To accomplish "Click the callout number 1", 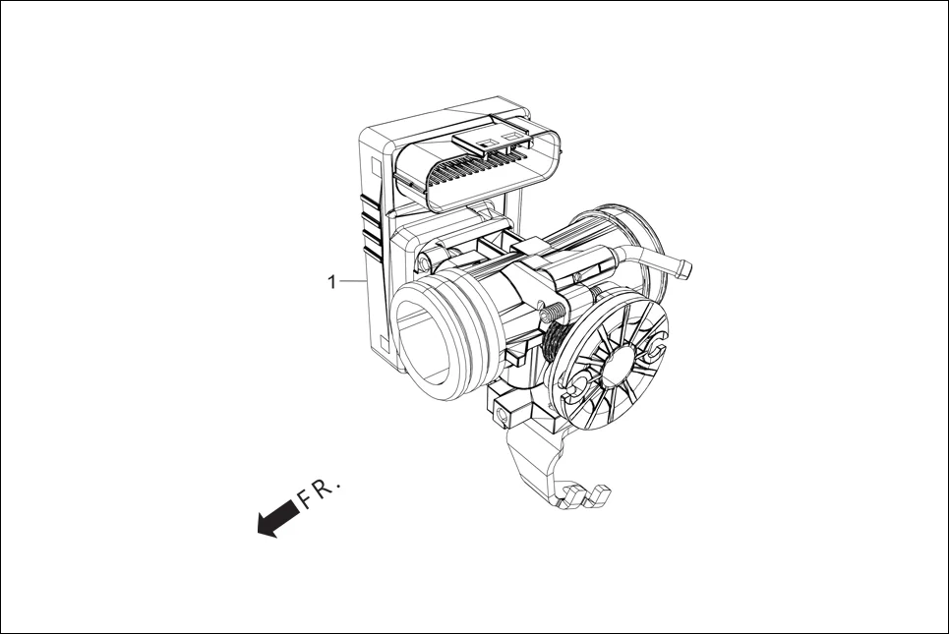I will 332,282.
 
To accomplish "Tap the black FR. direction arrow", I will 277,517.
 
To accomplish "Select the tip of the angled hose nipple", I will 682,266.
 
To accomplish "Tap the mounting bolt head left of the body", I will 424,261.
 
